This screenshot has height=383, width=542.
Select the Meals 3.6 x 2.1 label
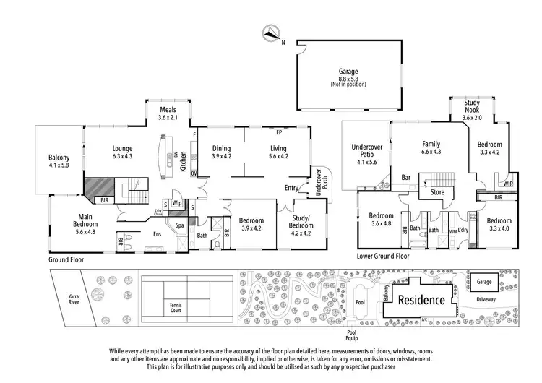(167, 113)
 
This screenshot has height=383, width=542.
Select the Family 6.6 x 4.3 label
(431, 148)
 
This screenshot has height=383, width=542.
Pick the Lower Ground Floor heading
(383, 256)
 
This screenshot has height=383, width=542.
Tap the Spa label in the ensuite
(178, 225)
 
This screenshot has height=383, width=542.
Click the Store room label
(437, 193)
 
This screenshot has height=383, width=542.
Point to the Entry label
(291, 188)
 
